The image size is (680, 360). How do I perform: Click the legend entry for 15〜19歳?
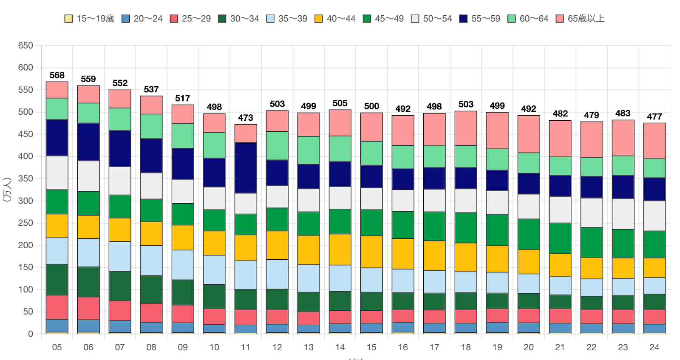point(90,19)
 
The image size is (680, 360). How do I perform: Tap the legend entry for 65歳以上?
point(580,19)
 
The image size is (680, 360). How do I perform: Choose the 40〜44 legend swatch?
point(318,19)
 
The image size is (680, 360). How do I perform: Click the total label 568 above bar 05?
point(57,75)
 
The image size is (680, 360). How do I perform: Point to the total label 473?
point(246,118)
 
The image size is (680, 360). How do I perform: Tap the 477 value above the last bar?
point(654,116)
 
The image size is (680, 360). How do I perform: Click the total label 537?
point(151,89)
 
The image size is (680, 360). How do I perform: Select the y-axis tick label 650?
point(25,45)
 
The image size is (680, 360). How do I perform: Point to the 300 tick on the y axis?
point(25,201)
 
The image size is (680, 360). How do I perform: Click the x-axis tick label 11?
point(246,347)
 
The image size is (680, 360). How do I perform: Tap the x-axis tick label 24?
point(654,347)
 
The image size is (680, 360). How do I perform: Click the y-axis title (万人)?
point(7,189)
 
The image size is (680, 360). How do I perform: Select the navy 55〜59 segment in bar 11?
point(246,168)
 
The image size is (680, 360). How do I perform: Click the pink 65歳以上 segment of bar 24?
point(654,141)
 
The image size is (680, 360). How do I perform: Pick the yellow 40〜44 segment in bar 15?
point(371,252)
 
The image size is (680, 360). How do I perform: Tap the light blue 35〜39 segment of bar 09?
point(183,265)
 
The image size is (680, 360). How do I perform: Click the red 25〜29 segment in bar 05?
point(57,307)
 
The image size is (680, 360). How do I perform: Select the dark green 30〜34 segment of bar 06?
point(88,282)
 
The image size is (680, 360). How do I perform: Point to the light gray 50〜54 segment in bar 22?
point(592,213)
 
